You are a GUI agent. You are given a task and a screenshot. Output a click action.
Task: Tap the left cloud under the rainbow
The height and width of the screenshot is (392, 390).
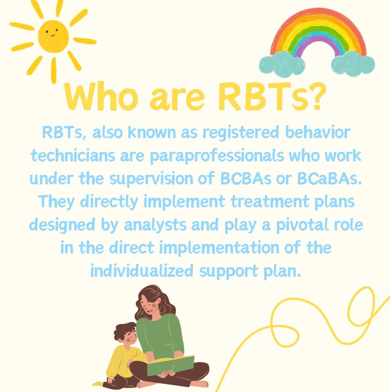tap(282, 64)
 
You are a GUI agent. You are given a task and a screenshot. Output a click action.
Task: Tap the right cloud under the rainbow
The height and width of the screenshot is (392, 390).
tap(353, 63)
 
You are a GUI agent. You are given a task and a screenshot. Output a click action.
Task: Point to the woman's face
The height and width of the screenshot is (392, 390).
tap(150, 307)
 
